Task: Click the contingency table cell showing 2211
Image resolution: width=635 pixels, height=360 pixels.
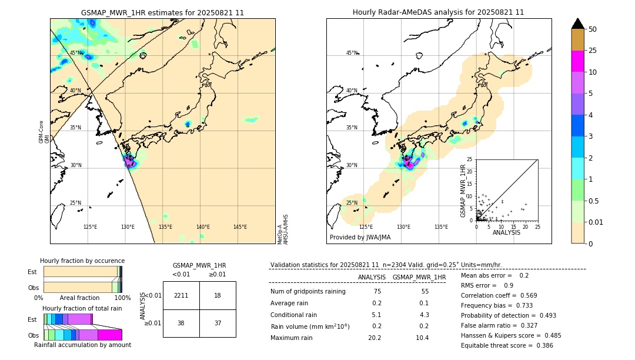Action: tap(181, 295)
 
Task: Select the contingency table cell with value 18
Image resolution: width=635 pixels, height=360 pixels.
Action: tap(218, 295)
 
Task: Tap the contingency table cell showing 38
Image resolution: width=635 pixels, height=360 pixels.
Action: tap(181, 323)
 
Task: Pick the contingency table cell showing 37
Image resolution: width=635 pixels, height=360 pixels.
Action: tap(218, 323)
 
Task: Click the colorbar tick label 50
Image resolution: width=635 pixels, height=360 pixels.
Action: tap(593, 29)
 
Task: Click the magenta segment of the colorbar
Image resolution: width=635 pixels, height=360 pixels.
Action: tap(577, 61)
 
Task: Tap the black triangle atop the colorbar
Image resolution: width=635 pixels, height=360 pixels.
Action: tap(577, 24)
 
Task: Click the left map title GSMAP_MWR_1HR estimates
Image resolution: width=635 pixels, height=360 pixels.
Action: tap(162, 12)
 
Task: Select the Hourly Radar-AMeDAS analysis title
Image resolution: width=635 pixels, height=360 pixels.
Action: tap(438, 12)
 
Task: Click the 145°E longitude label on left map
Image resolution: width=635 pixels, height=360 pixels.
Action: tap(240, 227)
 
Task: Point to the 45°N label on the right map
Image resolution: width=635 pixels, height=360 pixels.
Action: tap(351, 53)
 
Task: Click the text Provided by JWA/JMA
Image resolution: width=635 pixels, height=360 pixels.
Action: tap(360, 237)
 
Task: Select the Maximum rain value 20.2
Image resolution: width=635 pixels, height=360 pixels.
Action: tap(375, 338)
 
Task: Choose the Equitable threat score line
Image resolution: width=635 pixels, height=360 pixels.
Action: tap(507, 345)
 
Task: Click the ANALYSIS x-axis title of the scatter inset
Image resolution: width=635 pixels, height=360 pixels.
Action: tap(506, 232)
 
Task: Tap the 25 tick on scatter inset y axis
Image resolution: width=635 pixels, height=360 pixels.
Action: tap(470, 159)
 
